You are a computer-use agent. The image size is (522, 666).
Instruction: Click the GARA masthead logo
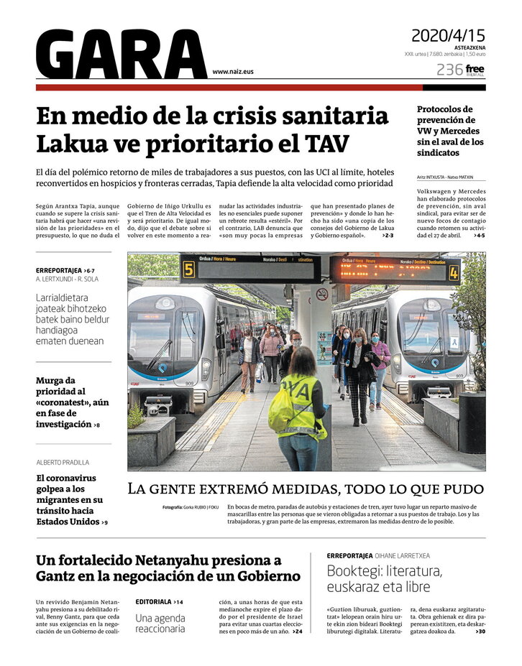pos(121,55)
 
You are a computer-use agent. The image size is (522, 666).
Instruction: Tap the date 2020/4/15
pos(448,35)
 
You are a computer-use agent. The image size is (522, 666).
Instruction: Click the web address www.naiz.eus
pos(233,72)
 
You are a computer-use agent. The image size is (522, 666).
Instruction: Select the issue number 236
pos(449,70)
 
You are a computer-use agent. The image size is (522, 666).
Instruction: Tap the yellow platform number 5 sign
pos(189,269)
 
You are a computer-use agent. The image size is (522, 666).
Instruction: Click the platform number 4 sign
pos(454,272)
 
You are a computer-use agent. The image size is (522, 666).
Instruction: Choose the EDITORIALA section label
pos(153,601)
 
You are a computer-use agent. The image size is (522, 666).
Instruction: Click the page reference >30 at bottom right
pos(480,632)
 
